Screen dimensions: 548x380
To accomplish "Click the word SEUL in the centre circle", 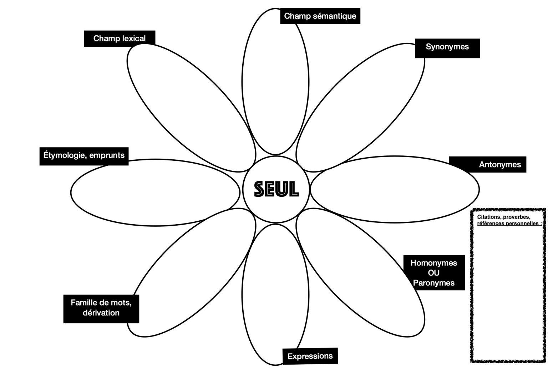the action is [x=276, y=189].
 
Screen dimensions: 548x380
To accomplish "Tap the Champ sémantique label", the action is [x=320, y=16].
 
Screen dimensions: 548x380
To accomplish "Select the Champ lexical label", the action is [x=120, y=38].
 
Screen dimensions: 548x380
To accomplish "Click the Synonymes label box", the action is [x=447, y=48].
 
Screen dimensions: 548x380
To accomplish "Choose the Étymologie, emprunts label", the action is [x=84, y=156].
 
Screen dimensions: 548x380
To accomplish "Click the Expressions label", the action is [x=310, y=356].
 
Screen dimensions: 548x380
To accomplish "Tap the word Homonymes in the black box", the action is [x=434, y=263].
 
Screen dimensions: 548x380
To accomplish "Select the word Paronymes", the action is [x=434, y=283].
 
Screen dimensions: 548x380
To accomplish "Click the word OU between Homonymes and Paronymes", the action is [x=434, y=273].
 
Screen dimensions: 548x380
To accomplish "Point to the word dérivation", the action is [x=101, y=313].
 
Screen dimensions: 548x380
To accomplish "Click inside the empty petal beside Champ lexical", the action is [x=191, y=108].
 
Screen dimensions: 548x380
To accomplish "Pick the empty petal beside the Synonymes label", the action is [x=360, y=108].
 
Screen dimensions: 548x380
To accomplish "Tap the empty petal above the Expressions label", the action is [x=275, y=294].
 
